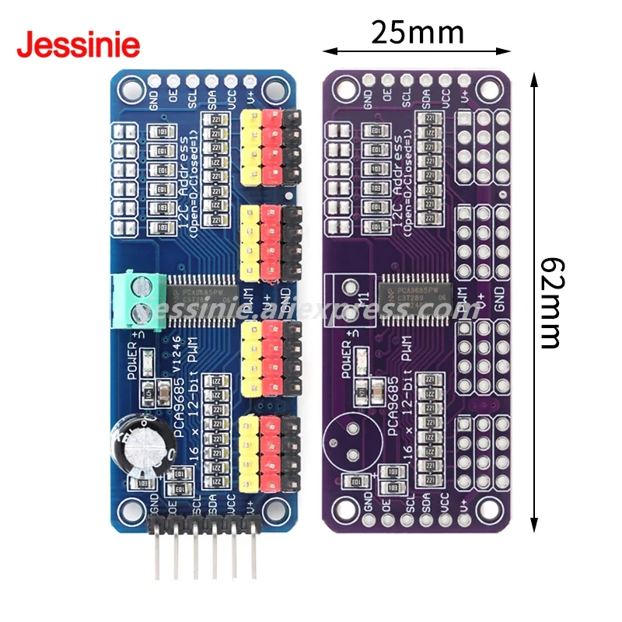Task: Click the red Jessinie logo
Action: pos(78,44)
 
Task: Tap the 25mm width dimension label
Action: pos(417,32)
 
